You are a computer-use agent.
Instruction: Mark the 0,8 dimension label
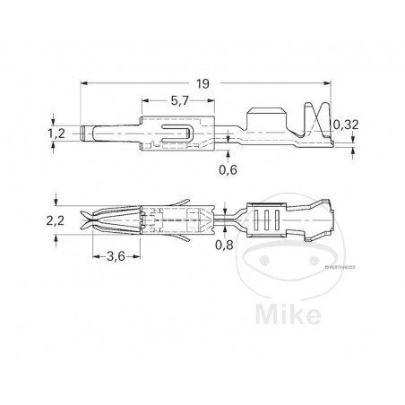[x=227, y=244]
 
